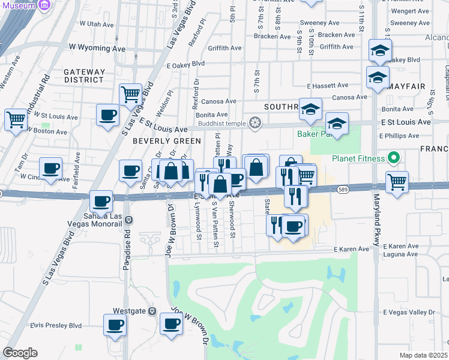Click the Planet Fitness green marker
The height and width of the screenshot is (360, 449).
(394, 158)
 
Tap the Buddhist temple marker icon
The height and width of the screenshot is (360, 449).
(256, 123)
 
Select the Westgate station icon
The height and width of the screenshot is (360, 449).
(152, 311)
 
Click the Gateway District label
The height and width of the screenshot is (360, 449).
(85, 76)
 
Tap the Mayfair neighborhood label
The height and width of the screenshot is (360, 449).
(406, 86)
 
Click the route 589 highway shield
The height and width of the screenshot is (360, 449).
(342, 188)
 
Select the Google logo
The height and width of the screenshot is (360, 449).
(20, 353)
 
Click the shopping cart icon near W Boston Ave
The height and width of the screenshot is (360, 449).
(16, 118)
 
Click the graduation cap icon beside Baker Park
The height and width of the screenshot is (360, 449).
(337, 124)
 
